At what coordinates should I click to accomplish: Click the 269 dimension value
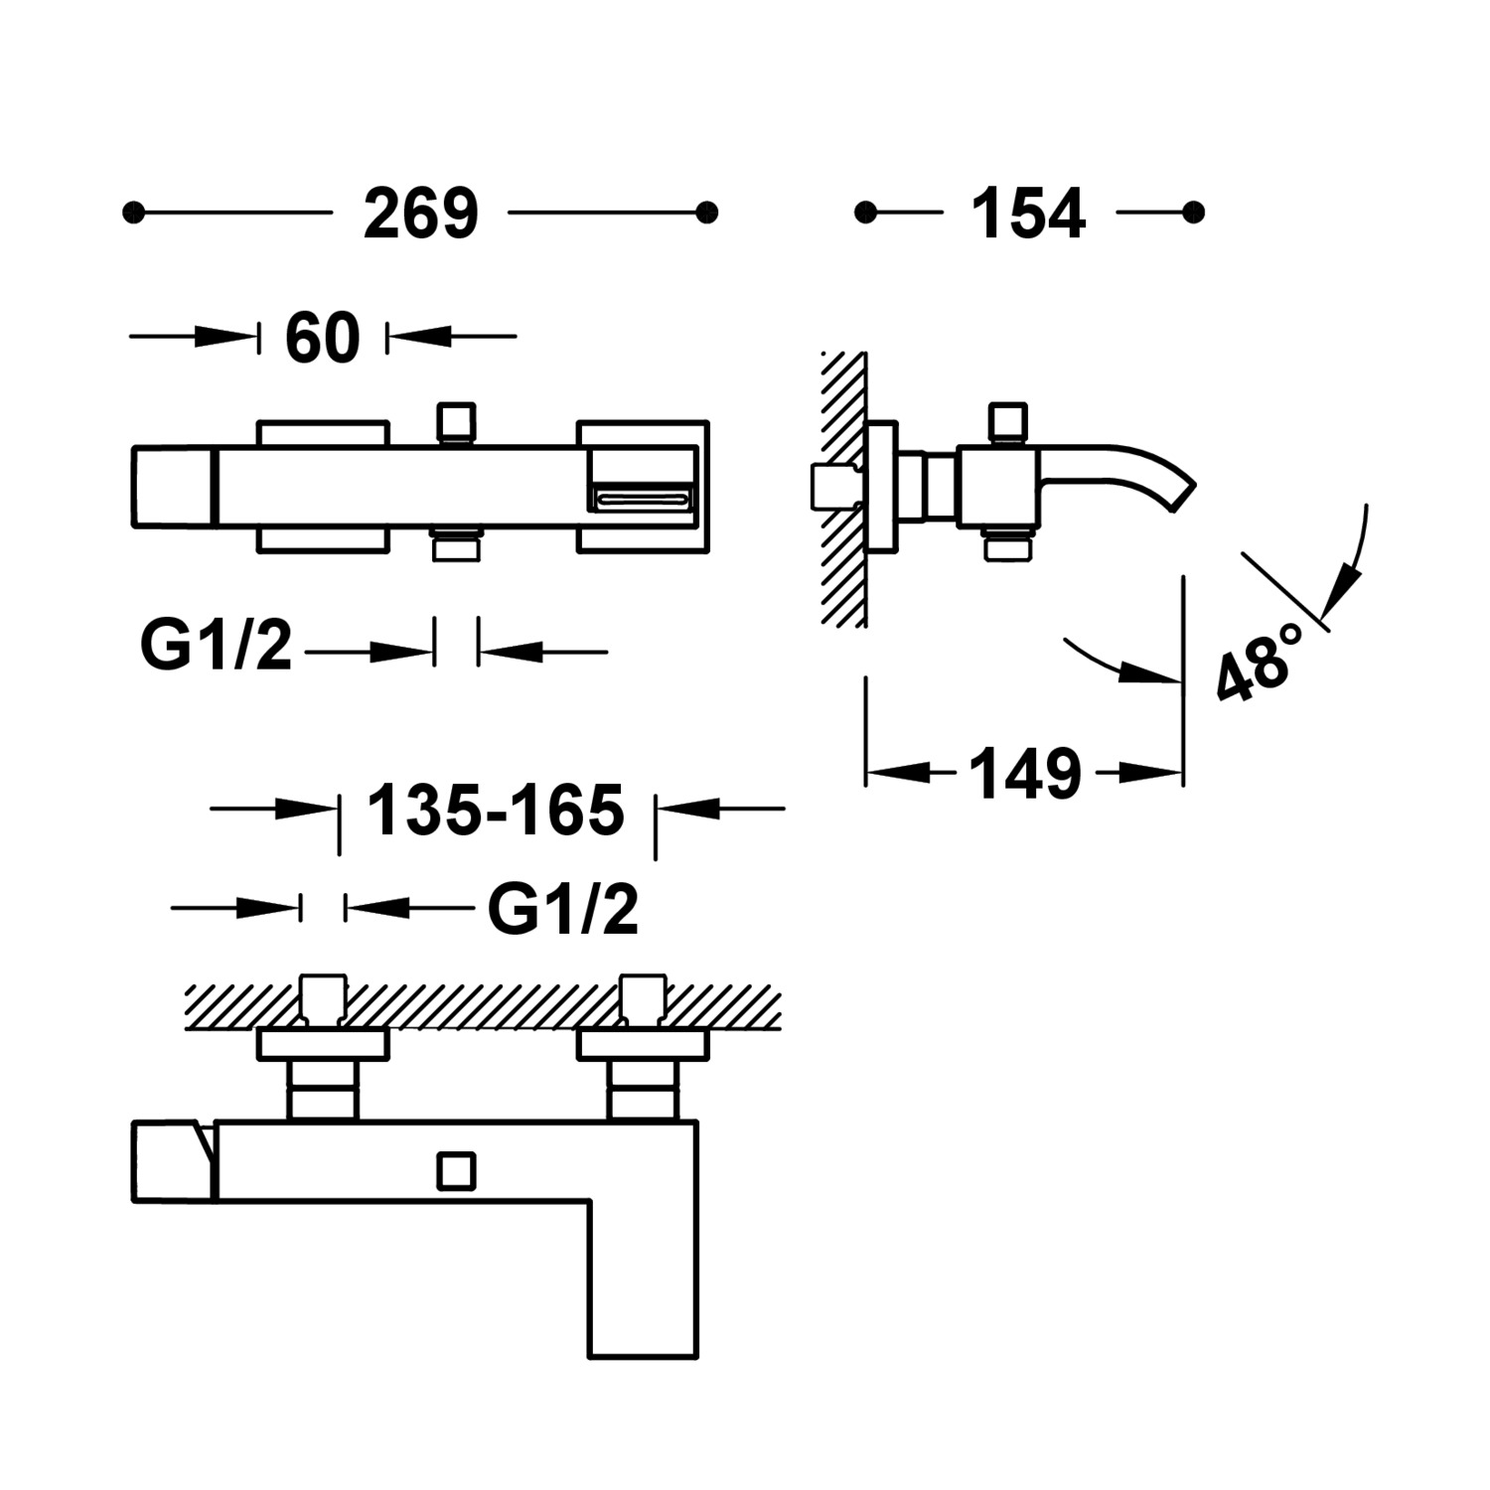pyautogui.click(x=421, y=214)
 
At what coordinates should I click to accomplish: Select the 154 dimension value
pyautogui.click(x=1028, y=214)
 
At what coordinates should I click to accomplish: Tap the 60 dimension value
pyautogui.click(x=322, y=338)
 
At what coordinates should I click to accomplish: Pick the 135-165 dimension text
pyautogui.click(x=496, y=810)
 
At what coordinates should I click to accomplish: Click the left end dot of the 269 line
pyautogui.click(x=133, y=213)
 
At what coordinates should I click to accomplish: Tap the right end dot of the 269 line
pyautogui.click(x=707, y=213)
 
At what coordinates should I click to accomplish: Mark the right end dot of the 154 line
pyautogui.click(x=1194, y=213)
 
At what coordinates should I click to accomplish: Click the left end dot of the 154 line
pyautogui.click(x=865, y=213)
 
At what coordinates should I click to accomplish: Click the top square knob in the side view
pyautogui.click(x=1007, y=421)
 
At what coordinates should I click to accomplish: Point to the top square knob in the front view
pyautogui.click(x=456, y=421)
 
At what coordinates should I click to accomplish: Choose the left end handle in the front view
pyautogui.click(x=174, y=487)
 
